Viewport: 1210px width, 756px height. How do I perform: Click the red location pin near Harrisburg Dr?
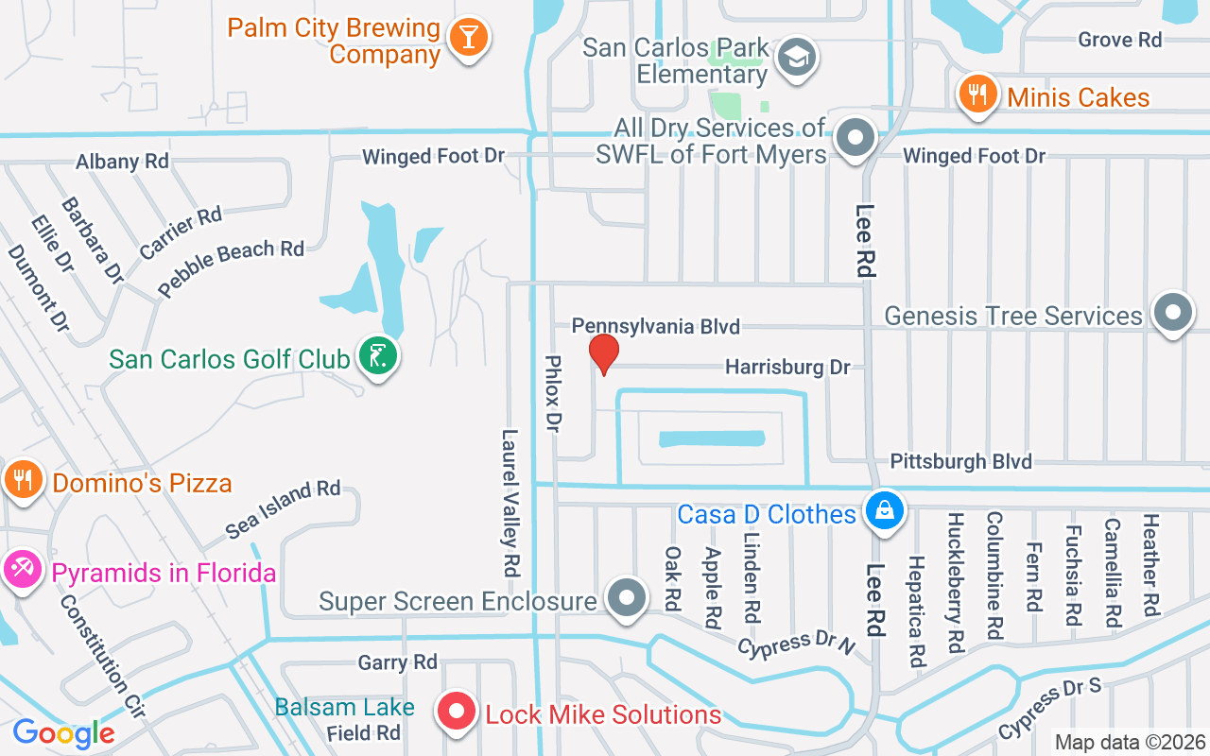603,353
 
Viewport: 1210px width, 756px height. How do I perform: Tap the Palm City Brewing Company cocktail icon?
467,38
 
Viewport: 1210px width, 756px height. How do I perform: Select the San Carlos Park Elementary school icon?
796,58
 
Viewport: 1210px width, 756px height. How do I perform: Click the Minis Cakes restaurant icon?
978,94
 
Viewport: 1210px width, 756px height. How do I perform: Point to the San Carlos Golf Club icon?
378,357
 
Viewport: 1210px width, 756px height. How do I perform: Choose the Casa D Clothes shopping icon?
885,512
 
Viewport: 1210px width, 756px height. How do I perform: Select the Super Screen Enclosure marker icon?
626,599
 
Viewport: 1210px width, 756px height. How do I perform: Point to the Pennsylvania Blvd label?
655,326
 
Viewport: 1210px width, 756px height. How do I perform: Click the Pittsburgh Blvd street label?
961,461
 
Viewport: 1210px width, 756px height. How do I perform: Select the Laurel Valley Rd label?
510,503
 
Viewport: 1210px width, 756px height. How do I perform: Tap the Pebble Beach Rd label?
231,266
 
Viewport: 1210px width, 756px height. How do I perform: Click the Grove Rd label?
1119,40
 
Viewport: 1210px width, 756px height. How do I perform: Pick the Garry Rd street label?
397,662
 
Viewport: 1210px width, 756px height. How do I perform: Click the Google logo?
63,733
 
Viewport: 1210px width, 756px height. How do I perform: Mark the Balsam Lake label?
344,707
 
